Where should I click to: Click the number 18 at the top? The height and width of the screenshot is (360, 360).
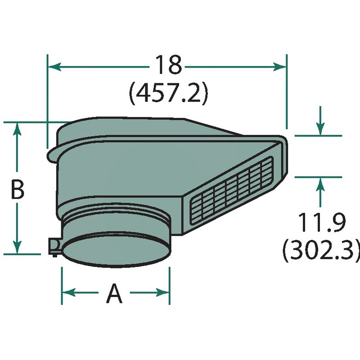pyautogui.click(x=168, y=65)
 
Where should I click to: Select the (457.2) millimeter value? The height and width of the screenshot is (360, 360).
pyautogui.click(x=168, y=94)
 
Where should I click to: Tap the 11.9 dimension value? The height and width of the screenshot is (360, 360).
pyautogui.click(x=321, y=222)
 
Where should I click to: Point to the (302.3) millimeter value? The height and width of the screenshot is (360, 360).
pyautogui.click(x=321, y=251)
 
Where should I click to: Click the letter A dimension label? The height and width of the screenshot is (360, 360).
pyautogui.click(x=114, y=293)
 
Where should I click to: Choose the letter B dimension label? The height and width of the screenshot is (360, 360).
pyautogui.click(x=18, y=189)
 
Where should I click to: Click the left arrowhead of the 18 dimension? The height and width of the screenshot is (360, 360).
pyautogui.click(x=55, y=67)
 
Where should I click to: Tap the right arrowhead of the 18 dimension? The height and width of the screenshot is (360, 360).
pyautogui.click(x=279, y=67)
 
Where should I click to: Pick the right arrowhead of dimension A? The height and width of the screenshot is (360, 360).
pyautogui.click(x=162, y=292)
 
